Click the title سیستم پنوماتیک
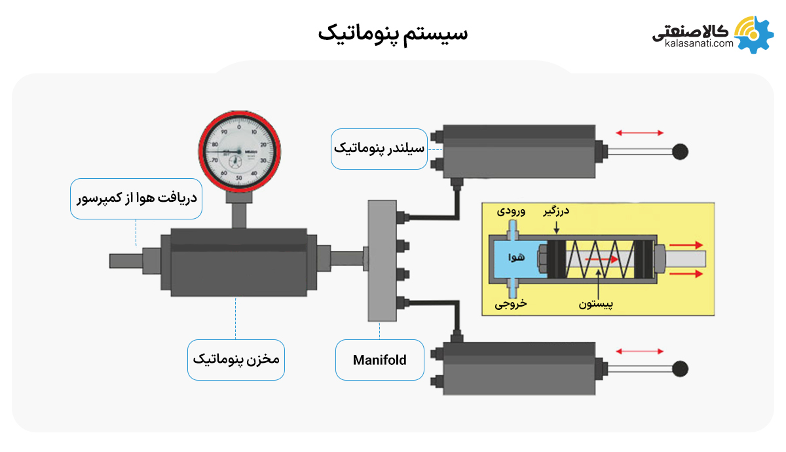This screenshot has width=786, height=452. [393, 32]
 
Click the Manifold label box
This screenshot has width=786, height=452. [379, 360]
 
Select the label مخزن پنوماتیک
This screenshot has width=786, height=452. [236, 360]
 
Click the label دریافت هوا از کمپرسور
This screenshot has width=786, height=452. [136, 198]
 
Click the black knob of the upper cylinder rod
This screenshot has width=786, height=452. [681, 151]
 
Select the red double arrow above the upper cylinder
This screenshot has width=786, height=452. [640, 133]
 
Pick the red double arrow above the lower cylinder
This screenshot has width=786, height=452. [640, 351]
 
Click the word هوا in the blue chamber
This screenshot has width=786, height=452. [517, 257]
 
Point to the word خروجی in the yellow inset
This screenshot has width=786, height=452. [510, 304]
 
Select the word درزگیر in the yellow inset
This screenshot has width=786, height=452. [556, 212]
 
